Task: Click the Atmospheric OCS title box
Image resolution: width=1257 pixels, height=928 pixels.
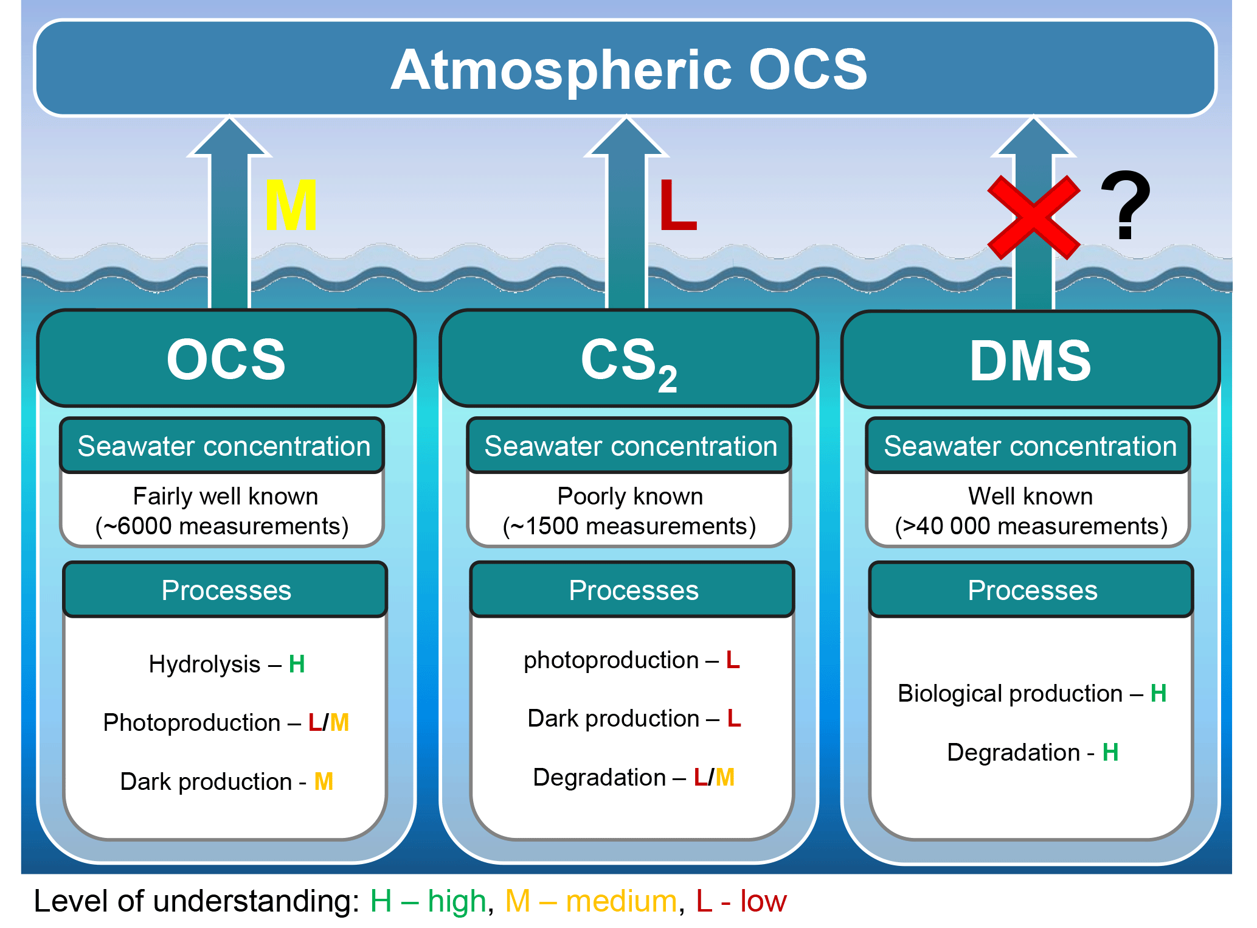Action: tap(626, 68)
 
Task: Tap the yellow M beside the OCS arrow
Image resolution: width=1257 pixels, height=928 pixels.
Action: tap(291, 205)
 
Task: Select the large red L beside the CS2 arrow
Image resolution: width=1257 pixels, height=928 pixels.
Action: tap(677, 205)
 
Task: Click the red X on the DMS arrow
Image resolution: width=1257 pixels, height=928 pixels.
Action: tap(1033, 217)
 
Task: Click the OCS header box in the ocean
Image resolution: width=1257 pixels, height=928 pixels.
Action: tap(226, 359)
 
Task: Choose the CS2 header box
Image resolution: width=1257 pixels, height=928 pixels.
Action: tap(629, 359)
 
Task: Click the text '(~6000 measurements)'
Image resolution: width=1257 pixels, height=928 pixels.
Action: tap(222, 526)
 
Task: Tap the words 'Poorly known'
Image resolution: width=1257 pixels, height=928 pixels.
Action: tap(630, 496)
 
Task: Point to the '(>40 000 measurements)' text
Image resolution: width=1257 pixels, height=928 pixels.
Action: tap(1031, 526)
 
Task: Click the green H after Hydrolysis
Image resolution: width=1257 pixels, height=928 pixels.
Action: tap(297, 664)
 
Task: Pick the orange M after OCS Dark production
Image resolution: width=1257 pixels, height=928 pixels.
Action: tap(324, 781)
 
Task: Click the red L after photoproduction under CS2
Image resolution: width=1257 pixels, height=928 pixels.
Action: tap(733, 660)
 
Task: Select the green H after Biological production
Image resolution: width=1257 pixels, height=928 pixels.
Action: tap(1158, 693)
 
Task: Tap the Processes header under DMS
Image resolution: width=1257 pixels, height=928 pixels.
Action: tap(1032, 590)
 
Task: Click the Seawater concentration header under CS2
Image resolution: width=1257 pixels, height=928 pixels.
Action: tap(630, 446)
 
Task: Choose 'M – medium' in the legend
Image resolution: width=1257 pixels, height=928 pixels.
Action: tap(590, 901)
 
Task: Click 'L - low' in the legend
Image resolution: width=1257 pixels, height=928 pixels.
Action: tap(741, 901)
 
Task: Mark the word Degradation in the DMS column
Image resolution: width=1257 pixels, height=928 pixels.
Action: tap(1013, 752)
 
